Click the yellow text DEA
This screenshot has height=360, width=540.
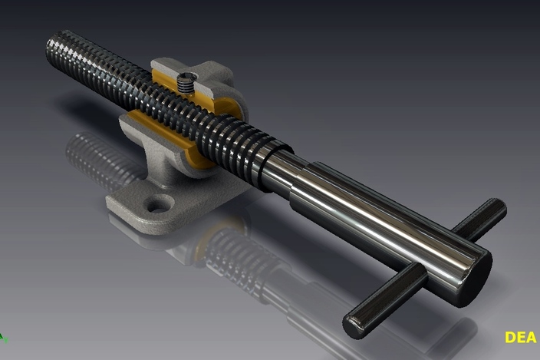click(x=521, y=337)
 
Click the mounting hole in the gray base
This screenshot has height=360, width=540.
click(x=160, y=204)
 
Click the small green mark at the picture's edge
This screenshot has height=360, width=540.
click(x=2, y=336)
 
